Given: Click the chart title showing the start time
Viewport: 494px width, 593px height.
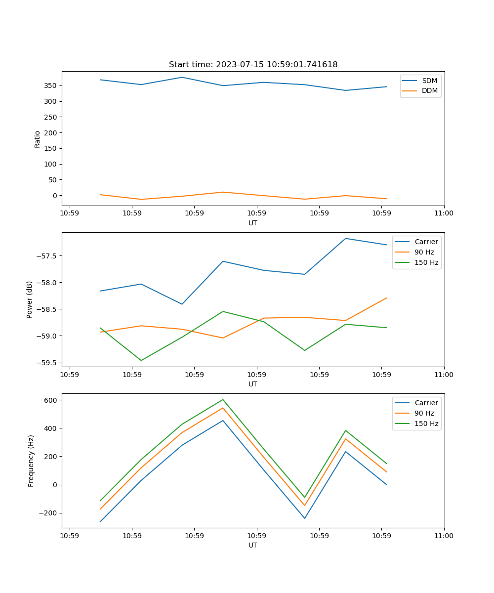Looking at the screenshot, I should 253,65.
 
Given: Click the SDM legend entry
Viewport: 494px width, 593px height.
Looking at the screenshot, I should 429,81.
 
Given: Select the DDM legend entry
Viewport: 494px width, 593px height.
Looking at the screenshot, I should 429,91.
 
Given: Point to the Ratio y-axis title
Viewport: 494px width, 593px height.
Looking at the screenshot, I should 38,139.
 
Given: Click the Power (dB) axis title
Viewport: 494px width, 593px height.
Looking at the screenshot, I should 30,299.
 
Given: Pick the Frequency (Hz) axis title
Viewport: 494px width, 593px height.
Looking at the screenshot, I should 31,461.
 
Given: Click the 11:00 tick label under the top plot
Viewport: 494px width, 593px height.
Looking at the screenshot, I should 444,213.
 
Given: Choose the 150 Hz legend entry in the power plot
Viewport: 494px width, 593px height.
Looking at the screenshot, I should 426,263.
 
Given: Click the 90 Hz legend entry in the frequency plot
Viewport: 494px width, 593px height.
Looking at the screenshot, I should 424,413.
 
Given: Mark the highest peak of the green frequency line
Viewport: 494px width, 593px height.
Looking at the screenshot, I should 223,399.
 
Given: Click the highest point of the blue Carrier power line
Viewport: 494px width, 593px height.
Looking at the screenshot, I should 345,238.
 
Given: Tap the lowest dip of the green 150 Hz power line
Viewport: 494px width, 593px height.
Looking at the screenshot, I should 141,361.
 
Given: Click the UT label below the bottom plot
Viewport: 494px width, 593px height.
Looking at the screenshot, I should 253,545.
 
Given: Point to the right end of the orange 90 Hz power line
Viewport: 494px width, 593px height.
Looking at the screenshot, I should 386,298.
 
